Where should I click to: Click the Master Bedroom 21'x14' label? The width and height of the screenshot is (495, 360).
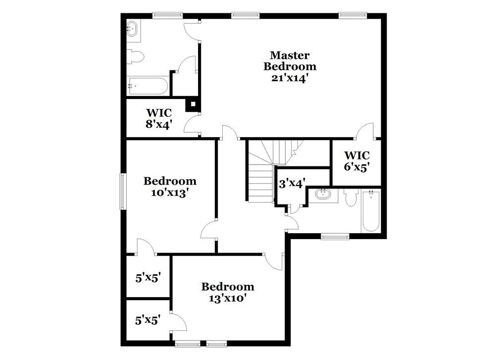point(290,66)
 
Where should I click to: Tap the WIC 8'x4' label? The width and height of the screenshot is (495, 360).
point(158,119)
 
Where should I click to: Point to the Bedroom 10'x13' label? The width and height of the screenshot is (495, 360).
point(170,187)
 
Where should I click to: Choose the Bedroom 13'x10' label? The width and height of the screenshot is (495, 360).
point(228,292)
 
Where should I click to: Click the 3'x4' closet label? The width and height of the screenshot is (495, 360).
point(292,183)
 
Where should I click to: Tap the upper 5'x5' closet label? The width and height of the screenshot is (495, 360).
point(148,278)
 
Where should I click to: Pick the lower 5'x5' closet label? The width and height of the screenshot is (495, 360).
point(148,320)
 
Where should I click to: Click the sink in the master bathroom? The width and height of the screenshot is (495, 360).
point(133,28)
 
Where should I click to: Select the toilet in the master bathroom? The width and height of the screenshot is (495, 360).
point(135,57)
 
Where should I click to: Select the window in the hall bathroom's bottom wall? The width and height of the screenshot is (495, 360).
point(335,237)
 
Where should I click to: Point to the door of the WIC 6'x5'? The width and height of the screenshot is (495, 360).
point(365,131)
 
